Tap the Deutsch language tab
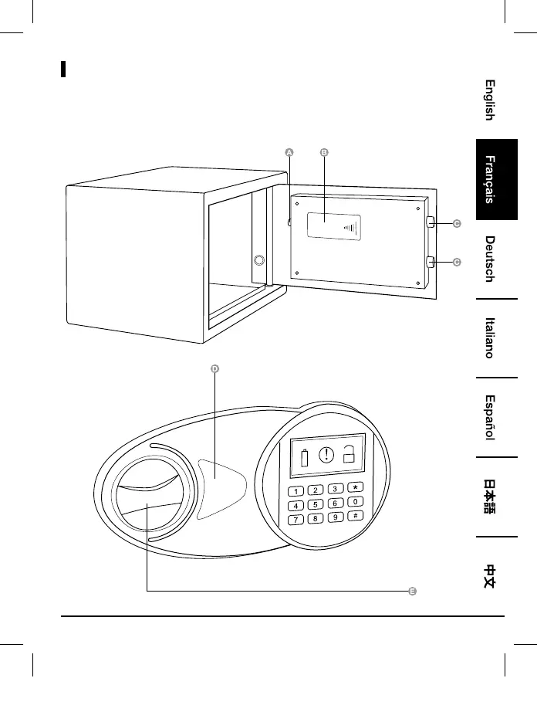click(x=489, y=259)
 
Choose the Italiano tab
click(x=489, y=337)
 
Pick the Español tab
click(x=489, y=418)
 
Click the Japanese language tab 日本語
click(x=489, y=496)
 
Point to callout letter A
click(x=289, y=153)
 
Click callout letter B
click(x=324, y=153)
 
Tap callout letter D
click(x=214, y=368)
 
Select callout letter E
click(x=413, y=592)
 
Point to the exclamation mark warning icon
click(x=326, y=455)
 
